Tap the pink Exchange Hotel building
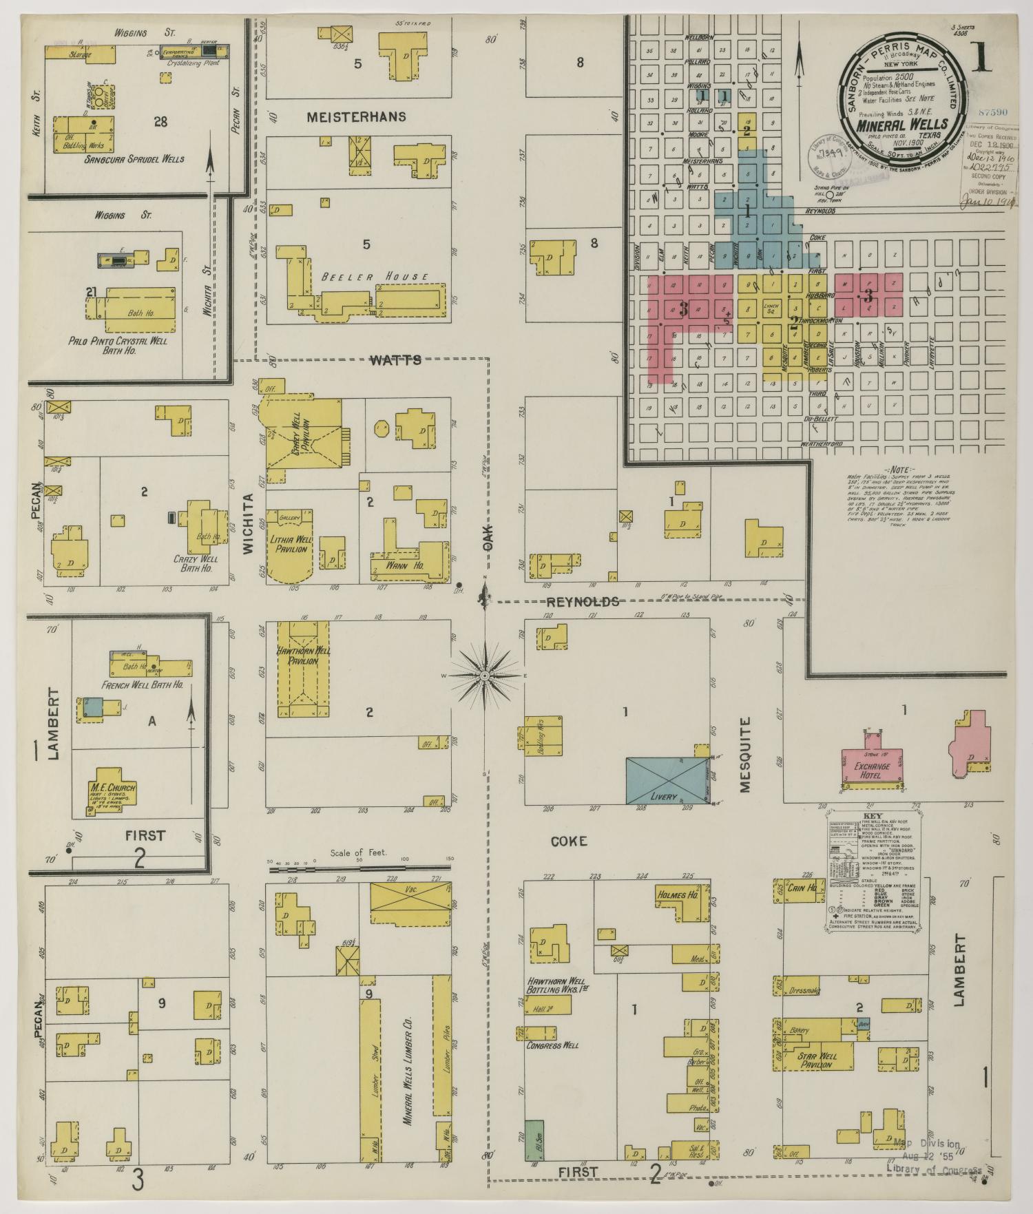click(873, 766)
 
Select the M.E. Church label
click(112, 788)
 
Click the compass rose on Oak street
click(485, 676)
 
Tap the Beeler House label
click(375, 277)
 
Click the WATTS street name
click(395, 359)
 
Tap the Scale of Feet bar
click(358, 869)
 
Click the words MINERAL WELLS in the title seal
click(902, 125)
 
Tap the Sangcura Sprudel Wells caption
click(134, 159)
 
